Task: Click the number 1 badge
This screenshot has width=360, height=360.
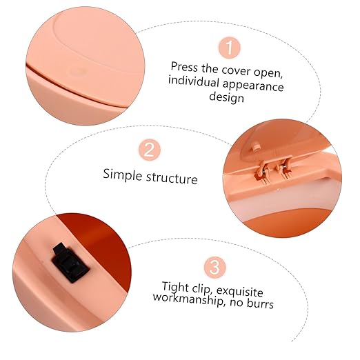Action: click(229, 48)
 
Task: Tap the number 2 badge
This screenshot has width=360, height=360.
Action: click(150, 150)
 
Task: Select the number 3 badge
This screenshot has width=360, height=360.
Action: click(214, 267)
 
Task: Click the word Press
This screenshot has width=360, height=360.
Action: click(184, 67)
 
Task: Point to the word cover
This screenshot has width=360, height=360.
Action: click(236, 70)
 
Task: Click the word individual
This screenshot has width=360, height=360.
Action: click(193, 81)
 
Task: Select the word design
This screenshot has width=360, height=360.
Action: click(226, 97)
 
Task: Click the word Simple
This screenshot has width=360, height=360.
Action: click(122, 174)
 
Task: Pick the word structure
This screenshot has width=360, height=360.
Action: click(172, 178)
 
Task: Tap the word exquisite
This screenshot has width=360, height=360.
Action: click(240, 292)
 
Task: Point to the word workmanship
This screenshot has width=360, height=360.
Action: click(188, 299)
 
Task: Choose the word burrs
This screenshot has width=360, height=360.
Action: click(261, 303)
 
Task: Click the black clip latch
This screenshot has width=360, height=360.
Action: click(70, 262)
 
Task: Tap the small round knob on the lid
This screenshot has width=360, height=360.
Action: click(255, 146)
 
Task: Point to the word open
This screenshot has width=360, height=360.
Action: click(268, 73)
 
